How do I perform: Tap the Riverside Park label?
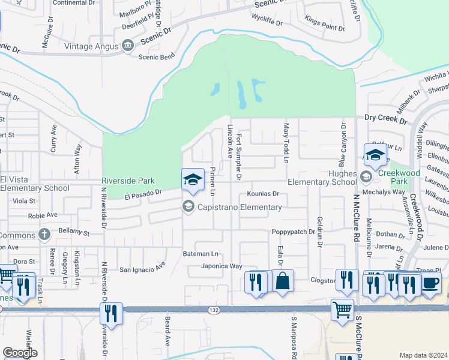point(128,181)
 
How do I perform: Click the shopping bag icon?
point(283,281)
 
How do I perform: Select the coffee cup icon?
point(430,284)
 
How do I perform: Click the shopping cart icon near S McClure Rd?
point(342,311)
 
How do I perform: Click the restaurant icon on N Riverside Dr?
point(112,313)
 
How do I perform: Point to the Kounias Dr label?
point(263,194)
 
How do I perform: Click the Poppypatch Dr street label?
point(293,232)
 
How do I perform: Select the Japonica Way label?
point(221,266)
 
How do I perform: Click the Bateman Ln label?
point(200,254)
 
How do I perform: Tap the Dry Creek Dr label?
point(385,119)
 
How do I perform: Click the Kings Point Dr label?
point(325,23)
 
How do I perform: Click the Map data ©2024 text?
point(423,355)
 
